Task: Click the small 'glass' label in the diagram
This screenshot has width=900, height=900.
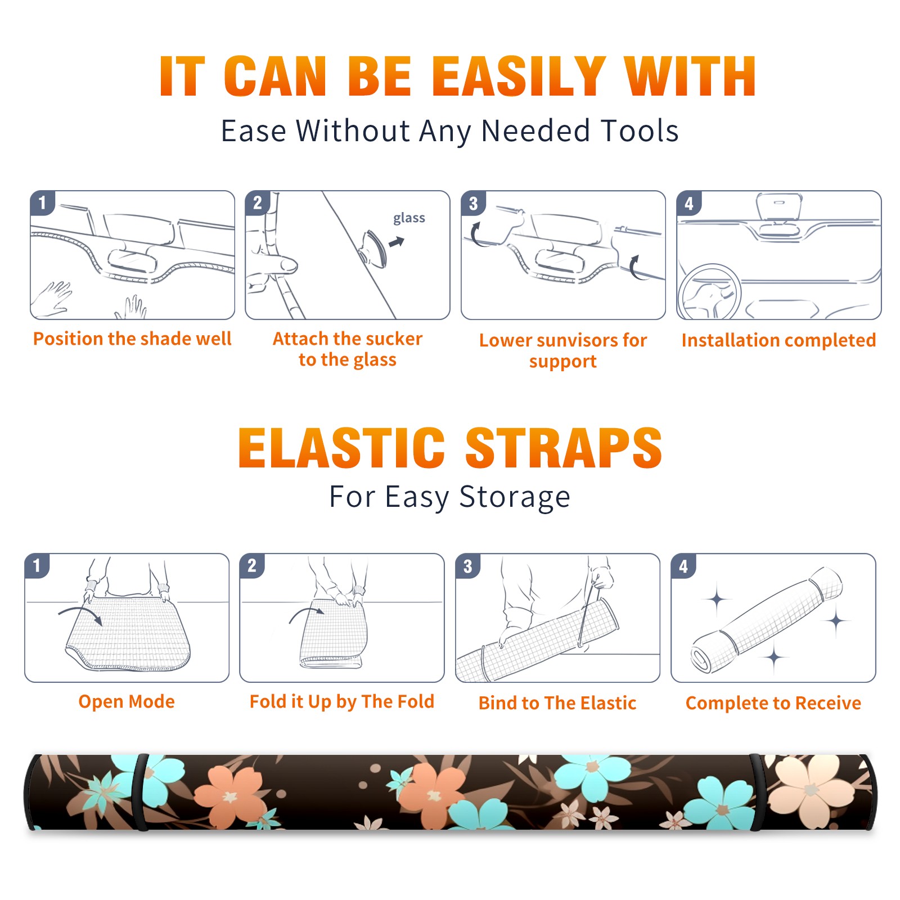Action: point(409,218)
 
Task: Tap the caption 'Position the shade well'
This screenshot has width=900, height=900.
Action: point(132,339)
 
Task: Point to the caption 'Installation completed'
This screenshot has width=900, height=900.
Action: point(778,340)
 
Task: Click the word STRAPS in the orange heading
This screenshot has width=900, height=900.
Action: point(564,448)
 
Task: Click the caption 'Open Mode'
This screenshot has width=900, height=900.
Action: point(127,701)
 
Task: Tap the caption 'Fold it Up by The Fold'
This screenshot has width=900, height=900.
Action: point(342,701)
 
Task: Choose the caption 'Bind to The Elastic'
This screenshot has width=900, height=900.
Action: point(557,703)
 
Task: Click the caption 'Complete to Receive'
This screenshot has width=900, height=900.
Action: point(773,703)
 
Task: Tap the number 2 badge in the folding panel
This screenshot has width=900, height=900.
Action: point(252,565)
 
